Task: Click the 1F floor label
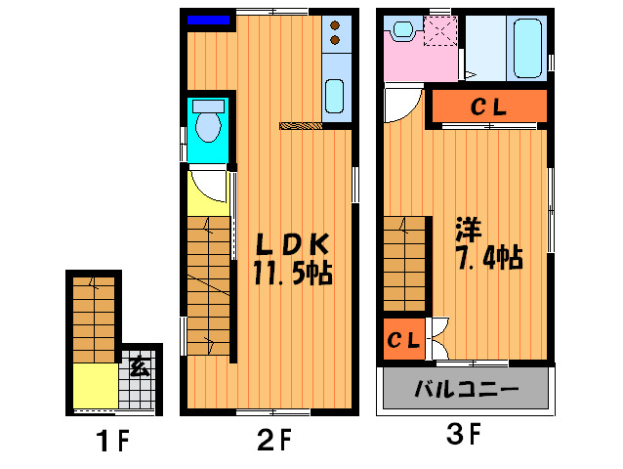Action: (x=113, y=440)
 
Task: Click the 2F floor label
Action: (x=274, y=439)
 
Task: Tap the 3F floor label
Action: (x=464, y=434)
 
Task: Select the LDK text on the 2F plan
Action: (x=292, y=244)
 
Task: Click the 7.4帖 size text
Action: (x=490, y=258)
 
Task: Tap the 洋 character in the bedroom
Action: (x=470, y=230)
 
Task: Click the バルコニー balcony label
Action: (x=467, y=389)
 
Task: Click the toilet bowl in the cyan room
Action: (x=208, y=126)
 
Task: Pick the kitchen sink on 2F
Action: (x=335, y=97)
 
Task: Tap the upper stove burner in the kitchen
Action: (x=335, y=25)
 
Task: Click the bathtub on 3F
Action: (x=527, y=48)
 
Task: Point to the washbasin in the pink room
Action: (x=403, y=31)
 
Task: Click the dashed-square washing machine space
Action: (x=440, y=31)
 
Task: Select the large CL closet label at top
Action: (x=488, y=107)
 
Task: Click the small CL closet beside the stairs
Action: (x=403, y=340)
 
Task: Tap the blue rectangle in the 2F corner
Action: (x=209, y=20)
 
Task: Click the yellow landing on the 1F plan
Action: (x=96, y=386)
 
